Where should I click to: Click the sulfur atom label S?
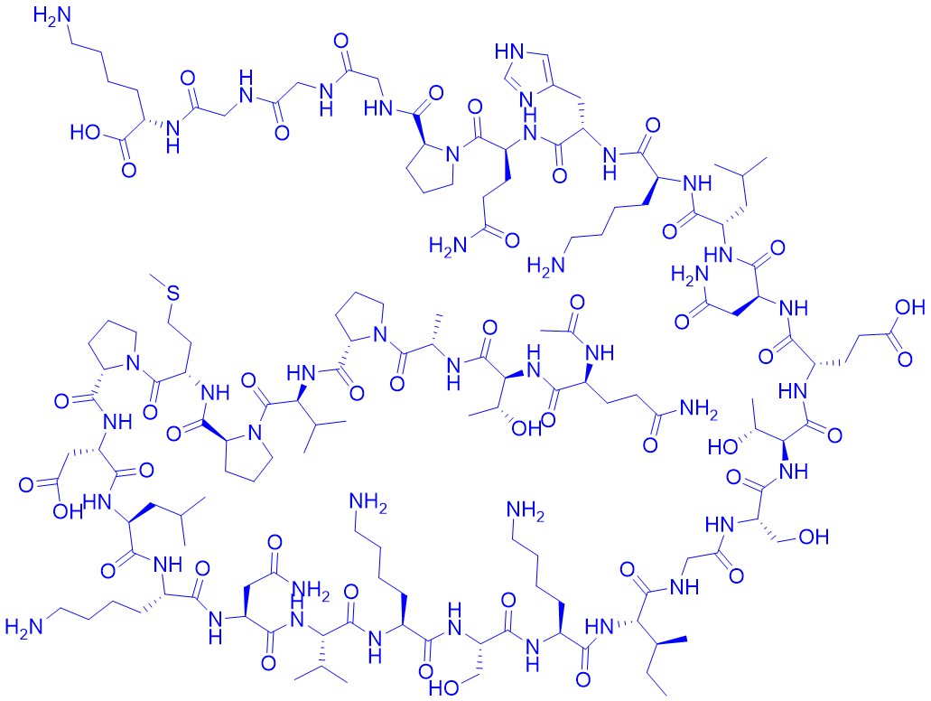(x=173, y=293)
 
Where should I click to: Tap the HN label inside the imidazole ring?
(x=508, y=51)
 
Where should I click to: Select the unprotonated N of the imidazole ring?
(x=526, y=98)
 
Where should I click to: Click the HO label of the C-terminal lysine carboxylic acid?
(x=85, y=132)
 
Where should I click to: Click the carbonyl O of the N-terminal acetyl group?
(x=576, y=303)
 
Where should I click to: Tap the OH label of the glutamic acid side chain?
(x=909, y=306)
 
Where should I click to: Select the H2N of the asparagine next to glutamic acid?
(x=690, y=275)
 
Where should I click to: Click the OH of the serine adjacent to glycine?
(x=814, y=537)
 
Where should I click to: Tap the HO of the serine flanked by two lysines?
(x=443, y=688)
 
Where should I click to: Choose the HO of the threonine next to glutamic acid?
(x=722, y=447)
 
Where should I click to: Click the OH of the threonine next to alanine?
(x=526, y=427)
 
